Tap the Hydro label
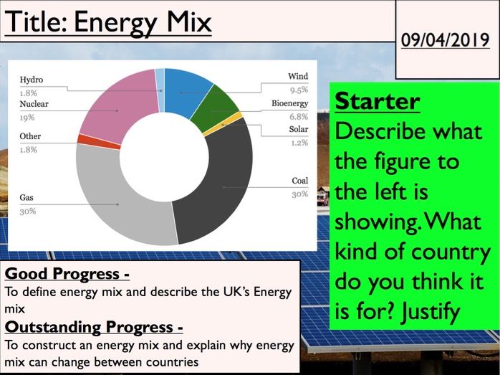pos(32,80)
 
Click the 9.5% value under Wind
pos(299,90)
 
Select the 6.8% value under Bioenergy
pos(299,116)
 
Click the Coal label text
pos(299,181)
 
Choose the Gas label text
pos(27,197)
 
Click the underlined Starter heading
pos(377,101)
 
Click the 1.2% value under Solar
pos(299,143)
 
